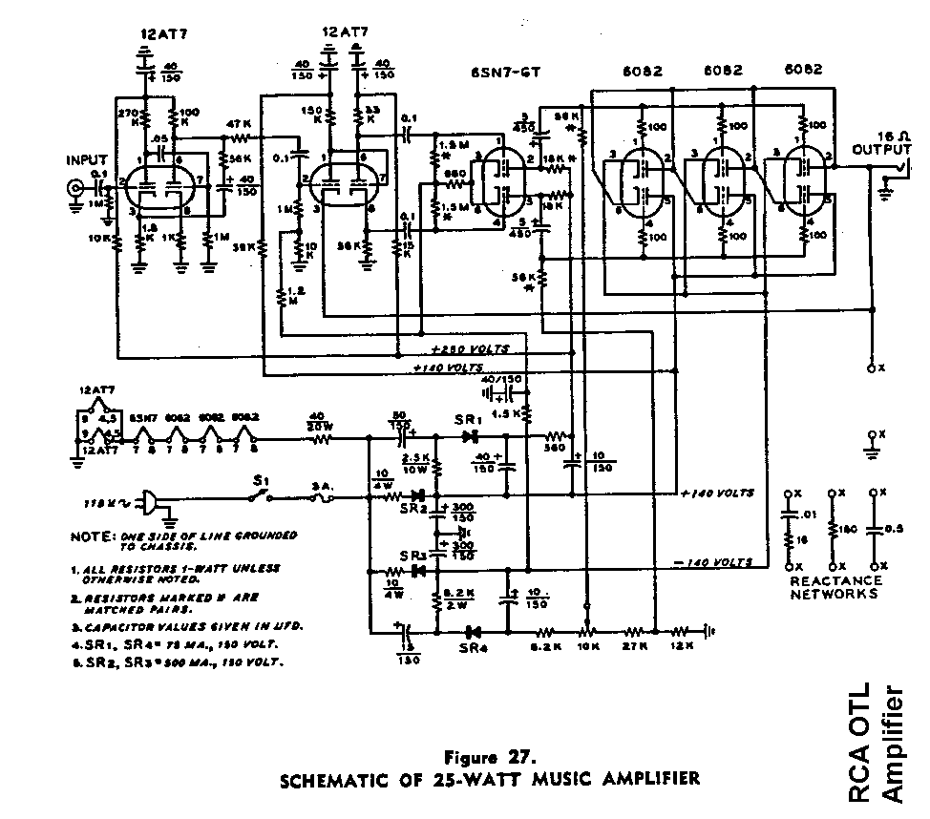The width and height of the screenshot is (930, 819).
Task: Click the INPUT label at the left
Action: [89, 159]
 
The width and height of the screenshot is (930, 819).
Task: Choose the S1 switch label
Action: [259, 480]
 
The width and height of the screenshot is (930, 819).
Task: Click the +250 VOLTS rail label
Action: [471, 348]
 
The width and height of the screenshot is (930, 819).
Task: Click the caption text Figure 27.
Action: [492, 757]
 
